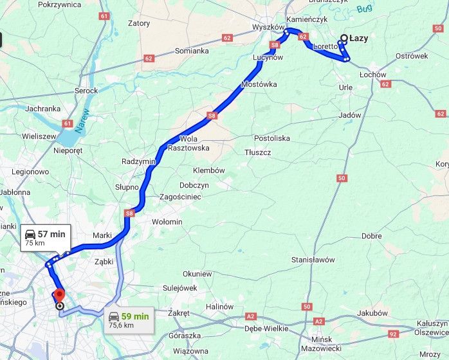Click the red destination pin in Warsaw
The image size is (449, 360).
pos(59,295)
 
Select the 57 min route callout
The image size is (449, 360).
pos(44,238)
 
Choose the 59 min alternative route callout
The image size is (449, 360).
pos(129,319)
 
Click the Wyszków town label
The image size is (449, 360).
pos(268,28)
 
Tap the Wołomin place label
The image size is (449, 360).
pos(167,222)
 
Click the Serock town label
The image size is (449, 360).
pos(86,91)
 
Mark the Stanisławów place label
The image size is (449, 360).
pos(313,260)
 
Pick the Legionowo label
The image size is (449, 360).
pos(30,172)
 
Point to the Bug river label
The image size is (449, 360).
pos(365,8)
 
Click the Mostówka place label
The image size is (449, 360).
pos(259,84)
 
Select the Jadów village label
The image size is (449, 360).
pos(349,116)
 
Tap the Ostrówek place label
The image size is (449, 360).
pos(412,56)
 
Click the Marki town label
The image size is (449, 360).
pos(103,235)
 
